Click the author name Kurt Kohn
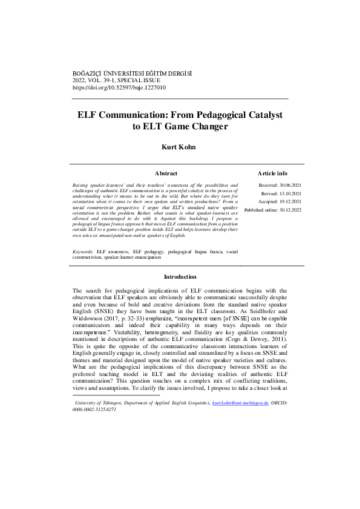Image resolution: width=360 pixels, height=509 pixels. click(x=179, y=147)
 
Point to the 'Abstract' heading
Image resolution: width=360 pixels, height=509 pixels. click(x=166, y=173)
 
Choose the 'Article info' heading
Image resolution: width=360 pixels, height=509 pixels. click(x=272, y=173)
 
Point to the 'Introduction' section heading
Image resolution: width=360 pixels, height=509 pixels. click(x=180, y=277)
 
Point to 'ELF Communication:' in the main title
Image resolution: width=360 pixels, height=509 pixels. click(x=123, y=114)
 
